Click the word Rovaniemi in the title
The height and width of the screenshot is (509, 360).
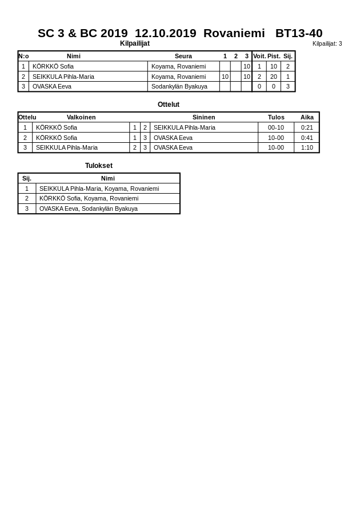point(234,33)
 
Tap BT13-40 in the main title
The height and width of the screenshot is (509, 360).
point(299,33)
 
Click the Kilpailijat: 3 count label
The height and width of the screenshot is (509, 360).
point(327,43)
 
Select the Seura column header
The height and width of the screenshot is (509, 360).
point(183,56)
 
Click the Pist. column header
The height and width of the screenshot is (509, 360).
point(274,56)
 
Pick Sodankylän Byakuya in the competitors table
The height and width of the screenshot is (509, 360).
point(179,86)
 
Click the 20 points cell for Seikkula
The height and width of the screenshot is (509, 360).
point(274,77)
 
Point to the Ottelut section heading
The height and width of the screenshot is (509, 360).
point(169,105)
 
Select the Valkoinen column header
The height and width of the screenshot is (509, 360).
point(81,117)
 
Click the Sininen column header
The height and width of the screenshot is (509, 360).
point(203,117)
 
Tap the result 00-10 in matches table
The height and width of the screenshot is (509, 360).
point(276,127)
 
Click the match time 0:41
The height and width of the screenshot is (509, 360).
point(307,138)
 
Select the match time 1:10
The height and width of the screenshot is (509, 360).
point(307,147)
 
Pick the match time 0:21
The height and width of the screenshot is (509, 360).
point(307,127)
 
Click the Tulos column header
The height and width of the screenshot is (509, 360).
point(276,117)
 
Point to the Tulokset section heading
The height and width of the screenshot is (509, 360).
point(99,166)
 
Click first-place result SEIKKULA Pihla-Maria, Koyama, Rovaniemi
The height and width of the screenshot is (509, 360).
point(99,189)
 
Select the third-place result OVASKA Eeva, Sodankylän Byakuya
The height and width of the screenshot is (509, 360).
point(89,209)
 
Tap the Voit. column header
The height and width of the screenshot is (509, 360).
point(259,56)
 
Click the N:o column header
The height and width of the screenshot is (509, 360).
point(23,56)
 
